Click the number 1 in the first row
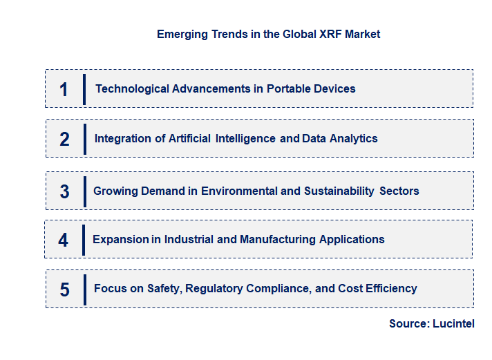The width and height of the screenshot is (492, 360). point(64,89)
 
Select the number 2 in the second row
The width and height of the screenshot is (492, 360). point(64,139)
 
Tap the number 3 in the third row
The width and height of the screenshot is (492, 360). point(64,191)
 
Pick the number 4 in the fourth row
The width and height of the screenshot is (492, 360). point(64,240)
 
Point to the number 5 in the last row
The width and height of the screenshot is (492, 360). point(64,290)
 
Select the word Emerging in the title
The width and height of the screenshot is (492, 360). point(182,34)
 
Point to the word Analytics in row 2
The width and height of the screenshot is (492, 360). point(352,138)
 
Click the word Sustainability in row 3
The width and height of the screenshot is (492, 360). point(339,191)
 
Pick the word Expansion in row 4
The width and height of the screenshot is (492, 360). point(120,239)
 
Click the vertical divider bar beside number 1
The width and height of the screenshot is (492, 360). point(84,89)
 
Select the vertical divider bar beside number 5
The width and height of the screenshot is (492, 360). point(84,289)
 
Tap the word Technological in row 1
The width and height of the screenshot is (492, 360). point(131,88)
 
